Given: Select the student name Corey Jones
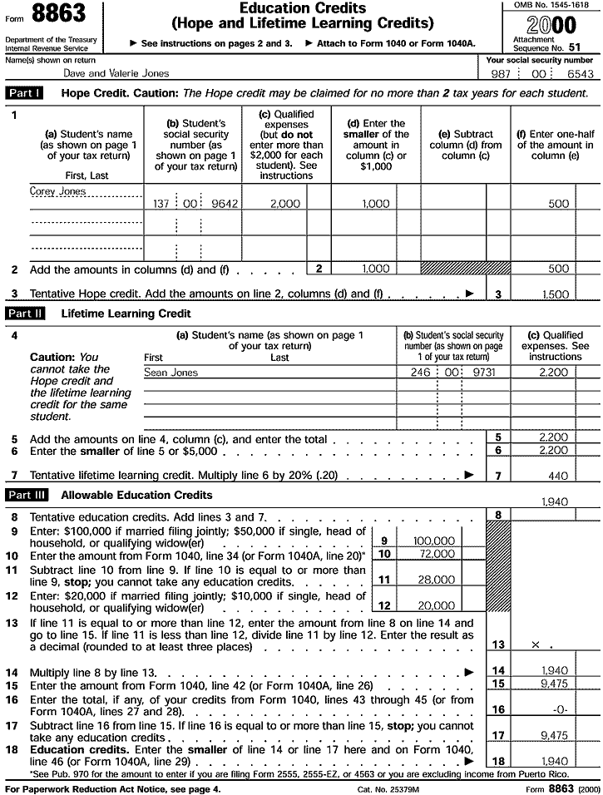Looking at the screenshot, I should pos(57,191).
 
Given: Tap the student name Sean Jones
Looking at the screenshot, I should pos(171,373).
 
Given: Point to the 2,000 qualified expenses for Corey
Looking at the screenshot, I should pos(285,204).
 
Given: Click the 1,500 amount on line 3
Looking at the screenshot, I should pos(556,294).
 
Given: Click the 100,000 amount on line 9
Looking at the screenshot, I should pos(433,541).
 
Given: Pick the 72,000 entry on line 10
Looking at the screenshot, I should pos(437,553).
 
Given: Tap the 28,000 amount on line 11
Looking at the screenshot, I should pos(437,580).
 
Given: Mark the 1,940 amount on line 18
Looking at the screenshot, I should pos(555,761).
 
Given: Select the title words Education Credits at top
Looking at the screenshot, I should pos(303,8).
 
